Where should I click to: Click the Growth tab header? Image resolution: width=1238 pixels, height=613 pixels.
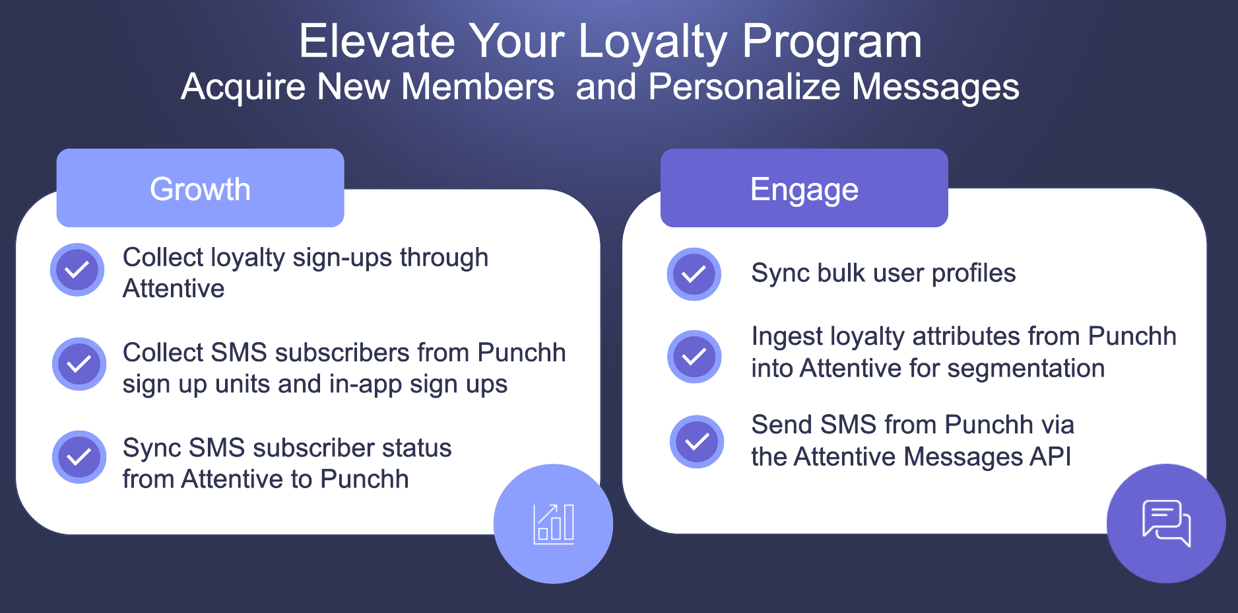click(x=200, y=188)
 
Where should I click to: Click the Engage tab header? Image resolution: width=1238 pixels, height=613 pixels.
click(x=804, y=188)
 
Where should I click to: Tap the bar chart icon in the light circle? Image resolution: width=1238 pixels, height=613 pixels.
click(x=554, y=524)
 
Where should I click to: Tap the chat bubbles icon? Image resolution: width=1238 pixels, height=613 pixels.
click(x=1166, y=523)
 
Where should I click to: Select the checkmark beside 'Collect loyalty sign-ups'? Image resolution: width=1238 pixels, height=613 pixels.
click(x=77, y=270)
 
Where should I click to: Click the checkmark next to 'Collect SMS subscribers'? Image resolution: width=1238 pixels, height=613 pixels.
click(x=79, y=364)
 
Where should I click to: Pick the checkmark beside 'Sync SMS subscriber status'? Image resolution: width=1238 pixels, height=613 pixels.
click(x=79, y=457)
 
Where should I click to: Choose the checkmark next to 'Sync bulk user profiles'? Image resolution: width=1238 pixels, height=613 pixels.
click(x=694, y=274)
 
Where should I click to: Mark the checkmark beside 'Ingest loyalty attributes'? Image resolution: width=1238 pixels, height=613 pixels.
click(x=694, y=357)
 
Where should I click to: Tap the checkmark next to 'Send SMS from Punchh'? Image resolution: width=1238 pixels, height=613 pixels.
click(x=697, y=441)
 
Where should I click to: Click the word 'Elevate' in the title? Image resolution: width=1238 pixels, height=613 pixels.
click(x=377, y=41)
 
